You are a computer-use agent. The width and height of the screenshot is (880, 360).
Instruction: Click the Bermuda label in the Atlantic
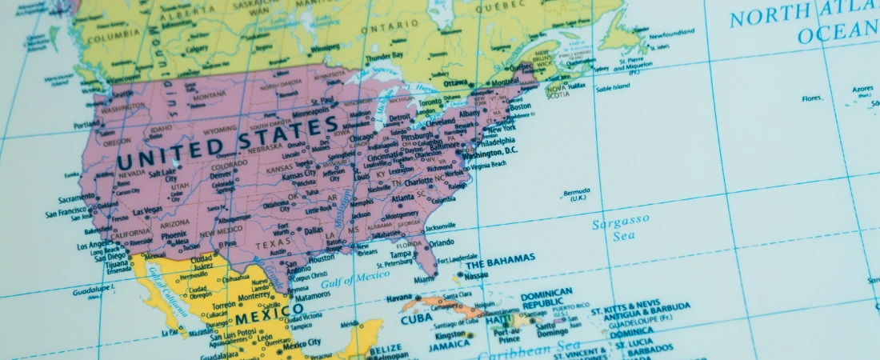coord(576,192)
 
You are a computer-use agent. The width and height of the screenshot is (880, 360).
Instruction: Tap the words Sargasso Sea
coord(619,226)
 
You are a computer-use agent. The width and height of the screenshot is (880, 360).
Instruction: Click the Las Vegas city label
coord(147,211)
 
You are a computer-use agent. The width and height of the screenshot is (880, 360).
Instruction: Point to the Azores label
coord(862,89)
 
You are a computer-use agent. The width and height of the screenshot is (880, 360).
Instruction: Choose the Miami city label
coord(425,279)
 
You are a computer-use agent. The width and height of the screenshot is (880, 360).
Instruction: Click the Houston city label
coord(321,258)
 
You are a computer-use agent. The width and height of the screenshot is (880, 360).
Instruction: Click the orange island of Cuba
coord(432,305)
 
